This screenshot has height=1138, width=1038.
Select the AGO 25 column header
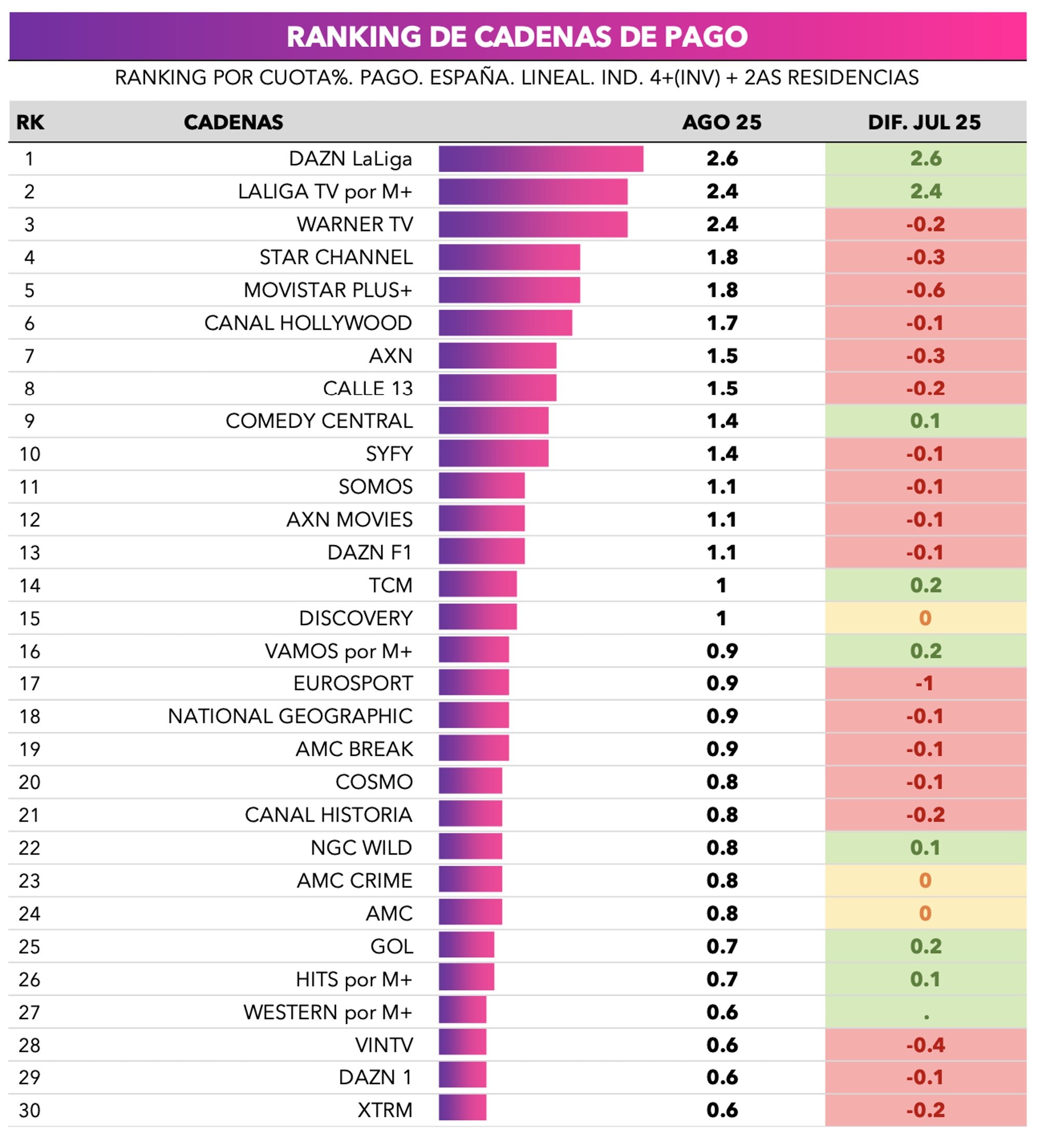(x=721, y=123)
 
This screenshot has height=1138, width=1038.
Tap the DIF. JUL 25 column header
(x=924, y=123)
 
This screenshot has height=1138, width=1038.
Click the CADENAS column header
(x=233, y=123)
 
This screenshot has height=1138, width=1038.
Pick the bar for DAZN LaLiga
(x=540, y=159)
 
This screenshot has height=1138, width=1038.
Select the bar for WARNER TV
(x=532, y=224)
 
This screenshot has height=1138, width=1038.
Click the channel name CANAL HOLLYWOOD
(x=308, y=323)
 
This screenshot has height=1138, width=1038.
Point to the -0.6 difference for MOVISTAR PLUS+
(x=924, y=290)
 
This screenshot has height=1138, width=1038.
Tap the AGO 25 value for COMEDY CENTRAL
(x=721, y=421)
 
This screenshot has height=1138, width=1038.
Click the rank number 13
(x=30, y=552)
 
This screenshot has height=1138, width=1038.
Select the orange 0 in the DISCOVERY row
(x=924, y=618)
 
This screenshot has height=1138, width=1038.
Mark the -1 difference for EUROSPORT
(x=924, y=684)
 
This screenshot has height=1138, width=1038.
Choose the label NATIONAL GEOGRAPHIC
(x=290, y=716)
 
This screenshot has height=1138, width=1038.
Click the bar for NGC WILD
(x=470, y=847)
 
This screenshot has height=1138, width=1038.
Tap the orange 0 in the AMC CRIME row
(x=924, y=880)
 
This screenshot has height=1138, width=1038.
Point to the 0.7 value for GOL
(x=721, y=946)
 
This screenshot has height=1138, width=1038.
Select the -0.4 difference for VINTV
(x=924, y=1045)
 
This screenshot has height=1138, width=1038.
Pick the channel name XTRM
(x=385, y=1110)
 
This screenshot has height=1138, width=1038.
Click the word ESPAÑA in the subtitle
(x=471, y=77)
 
